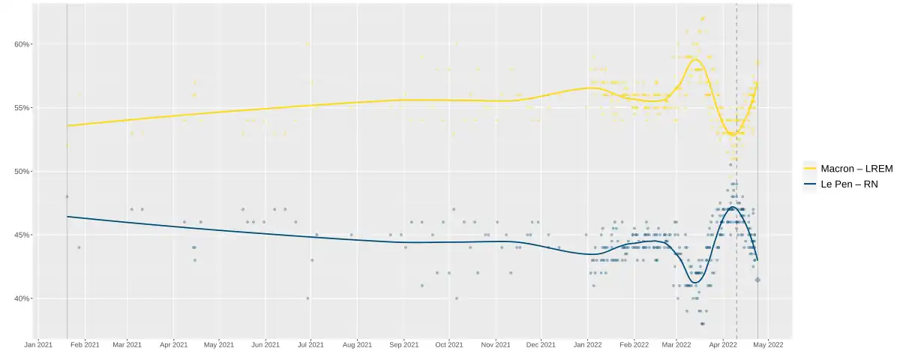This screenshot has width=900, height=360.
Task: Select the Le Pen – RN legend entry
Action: point(841,184)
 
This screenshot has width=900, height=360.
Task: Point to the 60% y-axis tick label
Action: point(22,44)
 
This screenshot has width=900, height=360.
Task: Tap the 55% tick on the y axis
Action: point(22,108)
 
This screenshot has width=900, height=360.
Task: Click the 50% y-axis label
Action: point(22,172)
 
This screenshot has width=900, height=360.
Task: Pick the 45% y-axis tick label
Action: point(22,235)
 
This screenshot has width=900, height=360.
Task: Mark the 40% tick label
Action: point(22,298)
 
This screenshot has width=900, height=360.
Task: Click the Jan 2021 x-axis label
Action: point(38,345)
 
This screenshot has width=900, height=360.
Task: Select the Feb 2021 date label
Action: point(84,345)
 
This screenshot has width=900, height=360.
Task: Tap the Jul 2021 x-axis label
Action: point(310,345)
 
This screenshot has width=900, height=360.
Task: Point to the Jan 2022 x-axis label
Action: point(587,345)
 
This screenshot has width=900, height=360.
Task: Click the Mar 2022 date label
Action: point(676,345)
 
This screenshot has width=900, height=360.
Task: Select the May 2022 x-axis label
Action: point(768,345)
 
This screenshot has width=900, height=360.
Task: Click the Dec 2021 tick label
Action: point(541,345)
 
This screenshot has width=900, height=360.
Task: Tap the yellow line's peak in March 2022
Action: point(695,59)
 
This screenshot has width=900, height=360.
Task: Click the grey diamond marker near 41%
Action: point(757,280)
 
